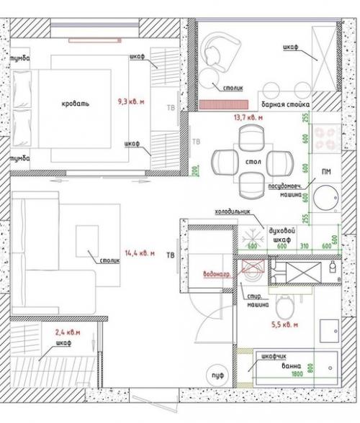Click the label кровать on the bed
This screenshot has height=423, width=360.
76,104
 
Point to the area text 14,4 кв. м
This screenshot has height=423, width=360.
140,253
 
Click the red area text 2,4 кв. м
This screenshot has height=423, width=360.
68,332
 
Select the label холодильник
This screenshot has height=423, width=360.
232,212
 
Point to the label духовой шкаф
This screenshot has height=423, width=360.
282,234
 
